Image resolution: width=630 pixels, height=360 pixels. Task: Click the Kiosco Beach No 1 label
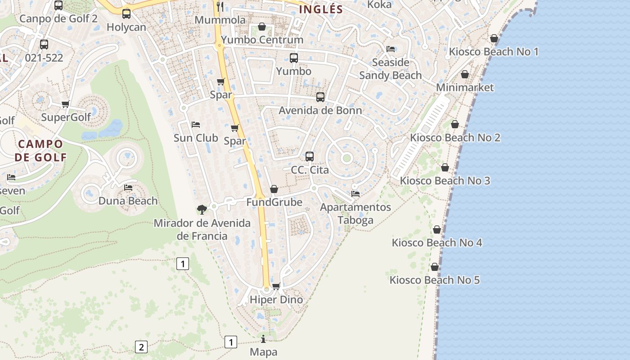click(494, 52)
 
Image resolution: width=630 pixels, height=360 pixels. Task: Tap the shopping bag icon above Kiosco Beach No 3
click(445, 168)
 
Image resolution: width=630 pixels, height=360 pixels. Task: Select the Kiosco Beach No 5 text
click(435, 280)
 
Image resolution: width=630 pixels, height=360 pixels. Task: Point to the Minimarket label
click(465, 87)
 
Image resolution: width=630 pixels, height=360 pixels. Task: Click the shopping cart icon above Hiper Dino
click(276, 287)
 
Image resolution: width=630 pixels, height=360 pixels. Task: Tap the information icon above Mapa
click(264, 339)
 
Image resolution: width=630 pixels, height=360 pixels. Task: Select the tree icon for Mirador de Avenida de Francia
click(202, 209)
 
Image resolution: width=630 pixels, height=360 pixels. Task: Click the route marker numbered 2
click(141, 347)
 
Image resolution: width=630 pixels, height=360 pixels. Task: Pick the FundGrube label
click(274, 202)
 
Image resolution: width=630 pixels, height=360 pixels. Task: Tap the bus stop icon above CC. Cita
click(310, 157)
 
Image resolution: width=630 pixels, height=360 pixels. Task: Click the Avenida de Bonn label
click(320, 110)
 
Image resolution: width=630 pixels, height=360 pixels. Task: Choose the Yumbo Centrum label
click(262, 40)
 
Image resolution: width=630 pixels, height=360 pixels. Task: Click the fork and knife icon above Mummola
click(220, 6)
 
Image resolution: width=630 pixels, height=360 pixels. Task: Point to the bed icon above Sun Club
click(196, 125)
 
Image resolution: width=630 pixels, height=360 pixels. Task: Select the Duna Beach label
click(128, 201)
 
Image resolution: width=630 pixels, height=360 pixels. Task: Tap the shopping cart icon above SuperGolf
click(66, 104)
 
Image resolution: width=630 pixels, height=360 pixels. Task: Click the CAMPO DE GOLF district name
click(40, 151)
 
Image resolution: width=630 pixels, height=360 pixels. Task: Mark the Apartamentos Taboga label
click(355, 214)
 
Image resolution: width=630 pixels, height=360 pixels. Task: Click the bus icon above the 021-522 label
click(44, 45)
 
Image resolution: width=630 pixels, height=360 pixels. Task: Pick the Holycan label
click(126, 27)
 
